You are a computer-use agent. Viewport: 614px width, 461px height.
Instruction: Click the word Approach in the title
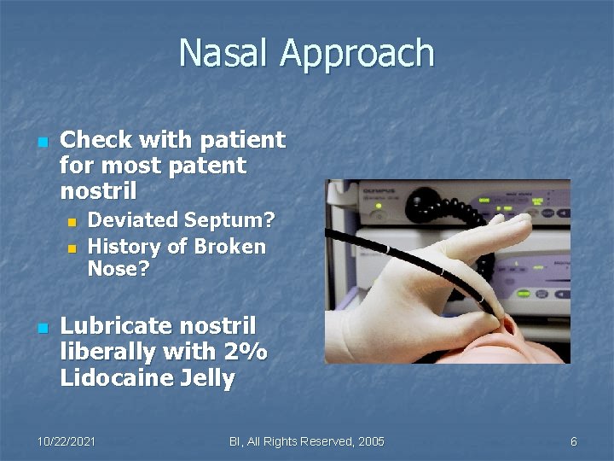pyautogui.click(x=357, y=55)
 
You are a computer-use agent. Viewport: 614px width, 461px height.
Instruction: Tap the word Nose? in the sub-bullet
pyautogui.click(x=119, y=270)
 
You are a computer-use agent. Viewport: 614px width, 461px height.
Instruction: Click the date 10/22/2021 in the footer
pyautogui.click(x=66, y=441)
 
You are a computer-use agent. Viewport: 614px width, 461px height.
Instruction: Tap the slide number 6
pyautogui.click(x=573, y=441)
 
